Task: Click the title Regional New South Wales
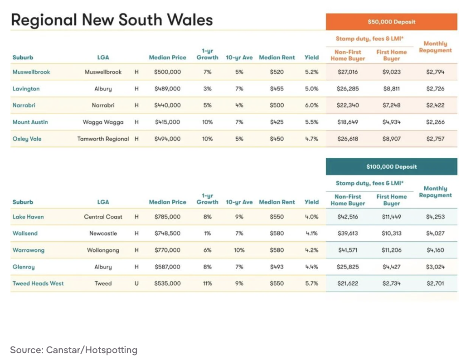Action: click(112, 20)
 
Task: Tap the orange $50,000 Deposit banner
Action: click(391, 22)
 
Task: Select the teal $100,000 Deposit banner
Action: click(391, 166)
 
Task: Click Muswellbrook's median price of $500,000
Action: click(167, 72)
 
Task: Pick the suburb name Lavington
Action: click(26, 89)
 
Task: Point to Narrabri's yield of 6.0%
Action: click(311, 105)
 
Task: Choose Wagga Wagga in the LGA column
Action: click(103, 122)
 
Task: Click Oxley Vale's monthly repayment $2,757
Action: click(435, 139)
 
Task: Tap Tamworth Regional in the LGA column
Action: click(103, 139)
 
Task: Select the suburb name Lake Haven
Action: click(28, 217)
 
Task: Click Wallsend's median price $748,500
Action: click(167, 234)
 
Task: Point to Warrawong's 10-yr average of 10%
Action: click(239, 250)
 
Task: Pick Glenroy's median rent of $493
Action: click(277, 267)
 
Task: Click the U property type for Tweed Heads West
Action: click(136, 283)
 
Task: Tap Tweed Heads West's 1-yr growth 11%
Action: click(207, 283)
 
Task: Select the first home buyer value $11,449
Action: click(391, 217)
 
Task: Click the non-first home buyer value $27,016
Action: click(348, 72)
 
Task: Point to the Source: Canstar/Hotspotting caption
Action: click(73, 350)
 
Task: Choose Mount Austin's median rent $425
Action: click(277, 122)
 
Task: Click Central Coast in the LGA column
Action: click(103, 217)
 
